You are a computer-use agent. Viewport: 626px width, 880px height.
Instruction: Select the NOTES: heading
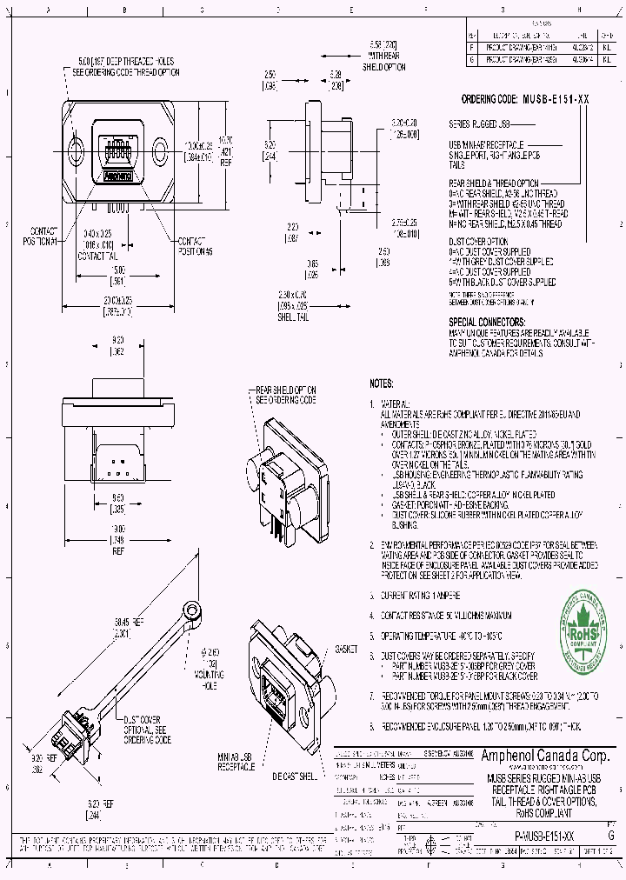pyautogui.click(x=382, y=383)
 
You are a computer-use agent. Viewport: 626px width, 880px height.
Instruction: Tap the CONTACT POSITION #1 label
pyautogui.click(x=43, y=235)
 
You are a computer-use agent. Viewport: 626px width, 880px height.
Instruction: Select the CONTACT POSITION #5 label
pyautogui.click(x=196, y=245)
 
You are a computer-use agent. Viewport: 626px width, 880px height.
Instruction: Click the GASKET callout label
pyautogui.click(x=346, y=650)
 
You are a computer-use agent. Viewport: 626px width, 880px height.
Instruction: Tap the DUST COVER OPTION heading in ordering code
pyautogui.click(x=478, y=240)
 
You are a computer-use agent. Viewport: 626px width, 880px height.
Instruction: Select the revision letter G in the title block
pyautogui.click(x=611, y=834)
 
